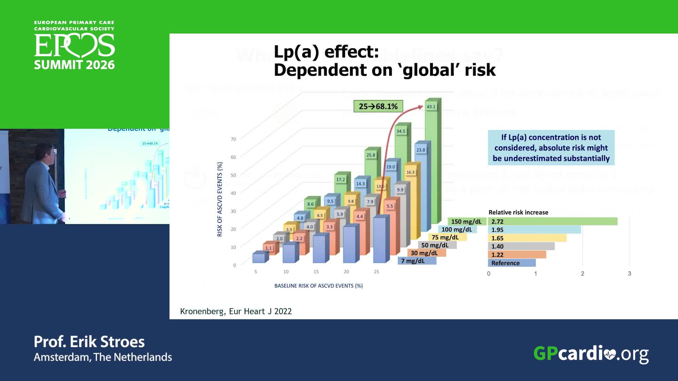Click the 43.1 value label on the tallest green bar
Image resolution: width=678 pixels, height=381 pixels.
[431, 107]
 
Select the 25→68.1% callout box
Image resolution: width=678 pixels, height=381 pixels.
[378, 106]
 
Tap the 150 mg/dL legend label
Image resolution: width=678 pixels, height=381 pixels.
[466, 222]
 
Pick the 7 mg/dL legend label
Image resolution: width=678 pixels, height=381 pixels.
[413, 261]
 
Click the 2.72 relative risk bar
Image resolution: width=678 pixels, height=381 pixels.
[553, 222]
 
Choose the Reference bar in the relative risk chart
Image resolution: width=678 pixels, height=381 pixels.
[512, 263]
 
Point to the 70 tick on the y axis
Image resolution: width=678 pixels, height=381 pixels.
[233, 139]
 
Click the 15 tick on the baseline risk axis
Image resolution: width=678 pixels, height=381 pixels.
[316, 272]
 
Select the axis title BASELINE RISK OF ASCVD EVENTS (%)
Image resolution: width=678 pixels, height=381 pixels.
[319, 286]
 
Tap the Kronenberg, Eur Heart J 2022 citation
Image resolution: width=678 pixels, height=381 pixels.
[236, 311]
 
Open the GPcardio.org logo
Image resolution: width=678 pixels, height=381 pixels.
[591, 353]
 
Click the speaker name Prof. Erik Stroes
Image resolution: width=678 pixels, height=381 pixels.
[89, 341]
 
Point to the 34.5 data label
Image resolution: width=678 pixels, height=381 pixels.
[401, 131]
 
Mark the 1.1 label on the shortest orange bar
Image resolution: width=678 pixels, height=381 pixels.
[268, 248]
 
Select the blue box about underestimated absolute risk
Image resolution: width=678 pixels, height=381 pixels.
[551, 147]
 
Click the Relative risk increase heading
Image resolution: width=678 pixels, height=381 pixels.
[518, 212]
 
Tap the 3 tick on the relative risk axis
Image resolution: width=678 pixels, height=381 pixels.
[629, 273]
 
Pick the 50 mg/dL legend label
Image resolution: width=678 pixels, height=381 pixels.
[435, 245]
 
